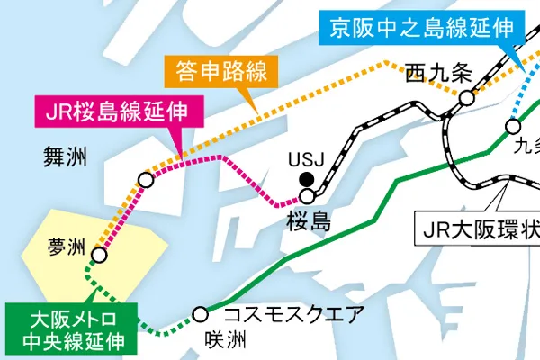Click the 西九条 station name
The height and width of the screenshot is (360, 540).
439,73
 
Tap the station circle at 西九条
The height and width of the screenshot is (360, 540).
466,98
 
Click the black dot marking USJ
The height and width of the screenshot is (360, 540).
307,177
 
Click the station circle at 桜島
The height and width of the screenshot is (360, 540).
309,195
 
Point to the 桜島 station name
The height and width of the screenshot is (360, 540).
309,220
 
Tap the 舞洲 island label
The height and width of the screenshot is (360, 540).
65,158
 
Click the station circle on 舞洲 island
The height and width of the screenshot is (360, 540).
145,180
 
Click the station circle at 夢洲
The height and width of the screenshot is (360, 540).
100,256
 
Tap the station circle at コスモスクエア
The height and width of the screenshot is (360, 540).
201,315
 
